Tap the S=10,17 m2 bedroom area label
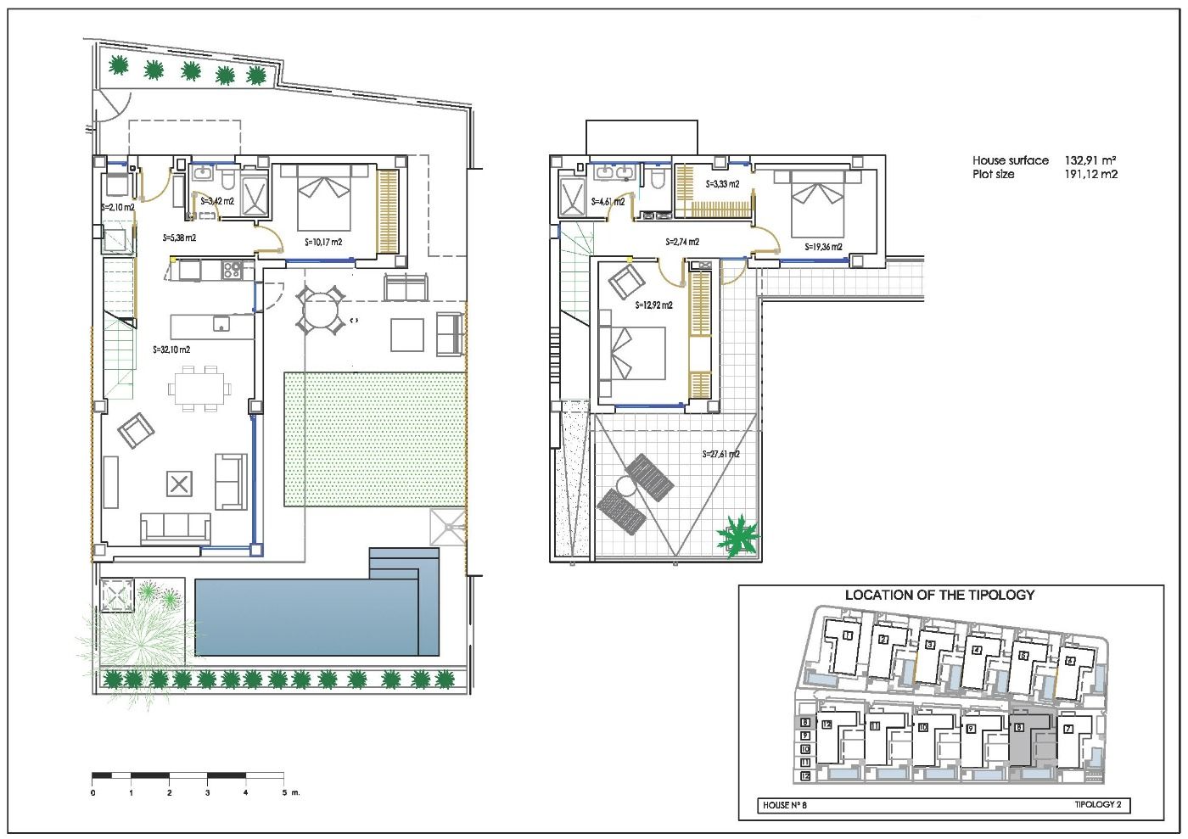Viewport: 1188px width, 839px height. (x=323, y=243)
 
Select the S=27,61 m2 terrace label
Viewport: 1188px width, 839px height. (x=720, y=455)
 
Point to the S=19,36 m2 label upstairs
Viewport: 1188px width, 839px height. (x=823, y=248)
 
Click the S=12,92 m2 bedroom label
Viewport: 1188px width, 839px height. (x=654, y=305)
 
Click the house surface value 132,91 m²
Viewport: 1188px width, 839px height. (x=1090, y=160)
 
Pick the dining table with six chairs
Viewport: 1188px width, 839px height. (x=199, y=389)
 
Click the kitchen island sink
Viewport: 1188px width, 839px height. (x=221, y=324)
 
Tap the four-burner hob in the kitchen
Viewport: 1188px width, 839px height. (x=232, y=271)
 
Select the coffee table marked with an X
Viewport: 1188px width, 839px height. (x=178, y=484)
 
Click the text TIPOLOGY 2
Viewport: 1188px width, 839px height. (x=1101, y=805)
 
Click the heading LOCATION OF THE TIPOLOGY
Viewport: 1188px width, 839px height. (x=939, y=596)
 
